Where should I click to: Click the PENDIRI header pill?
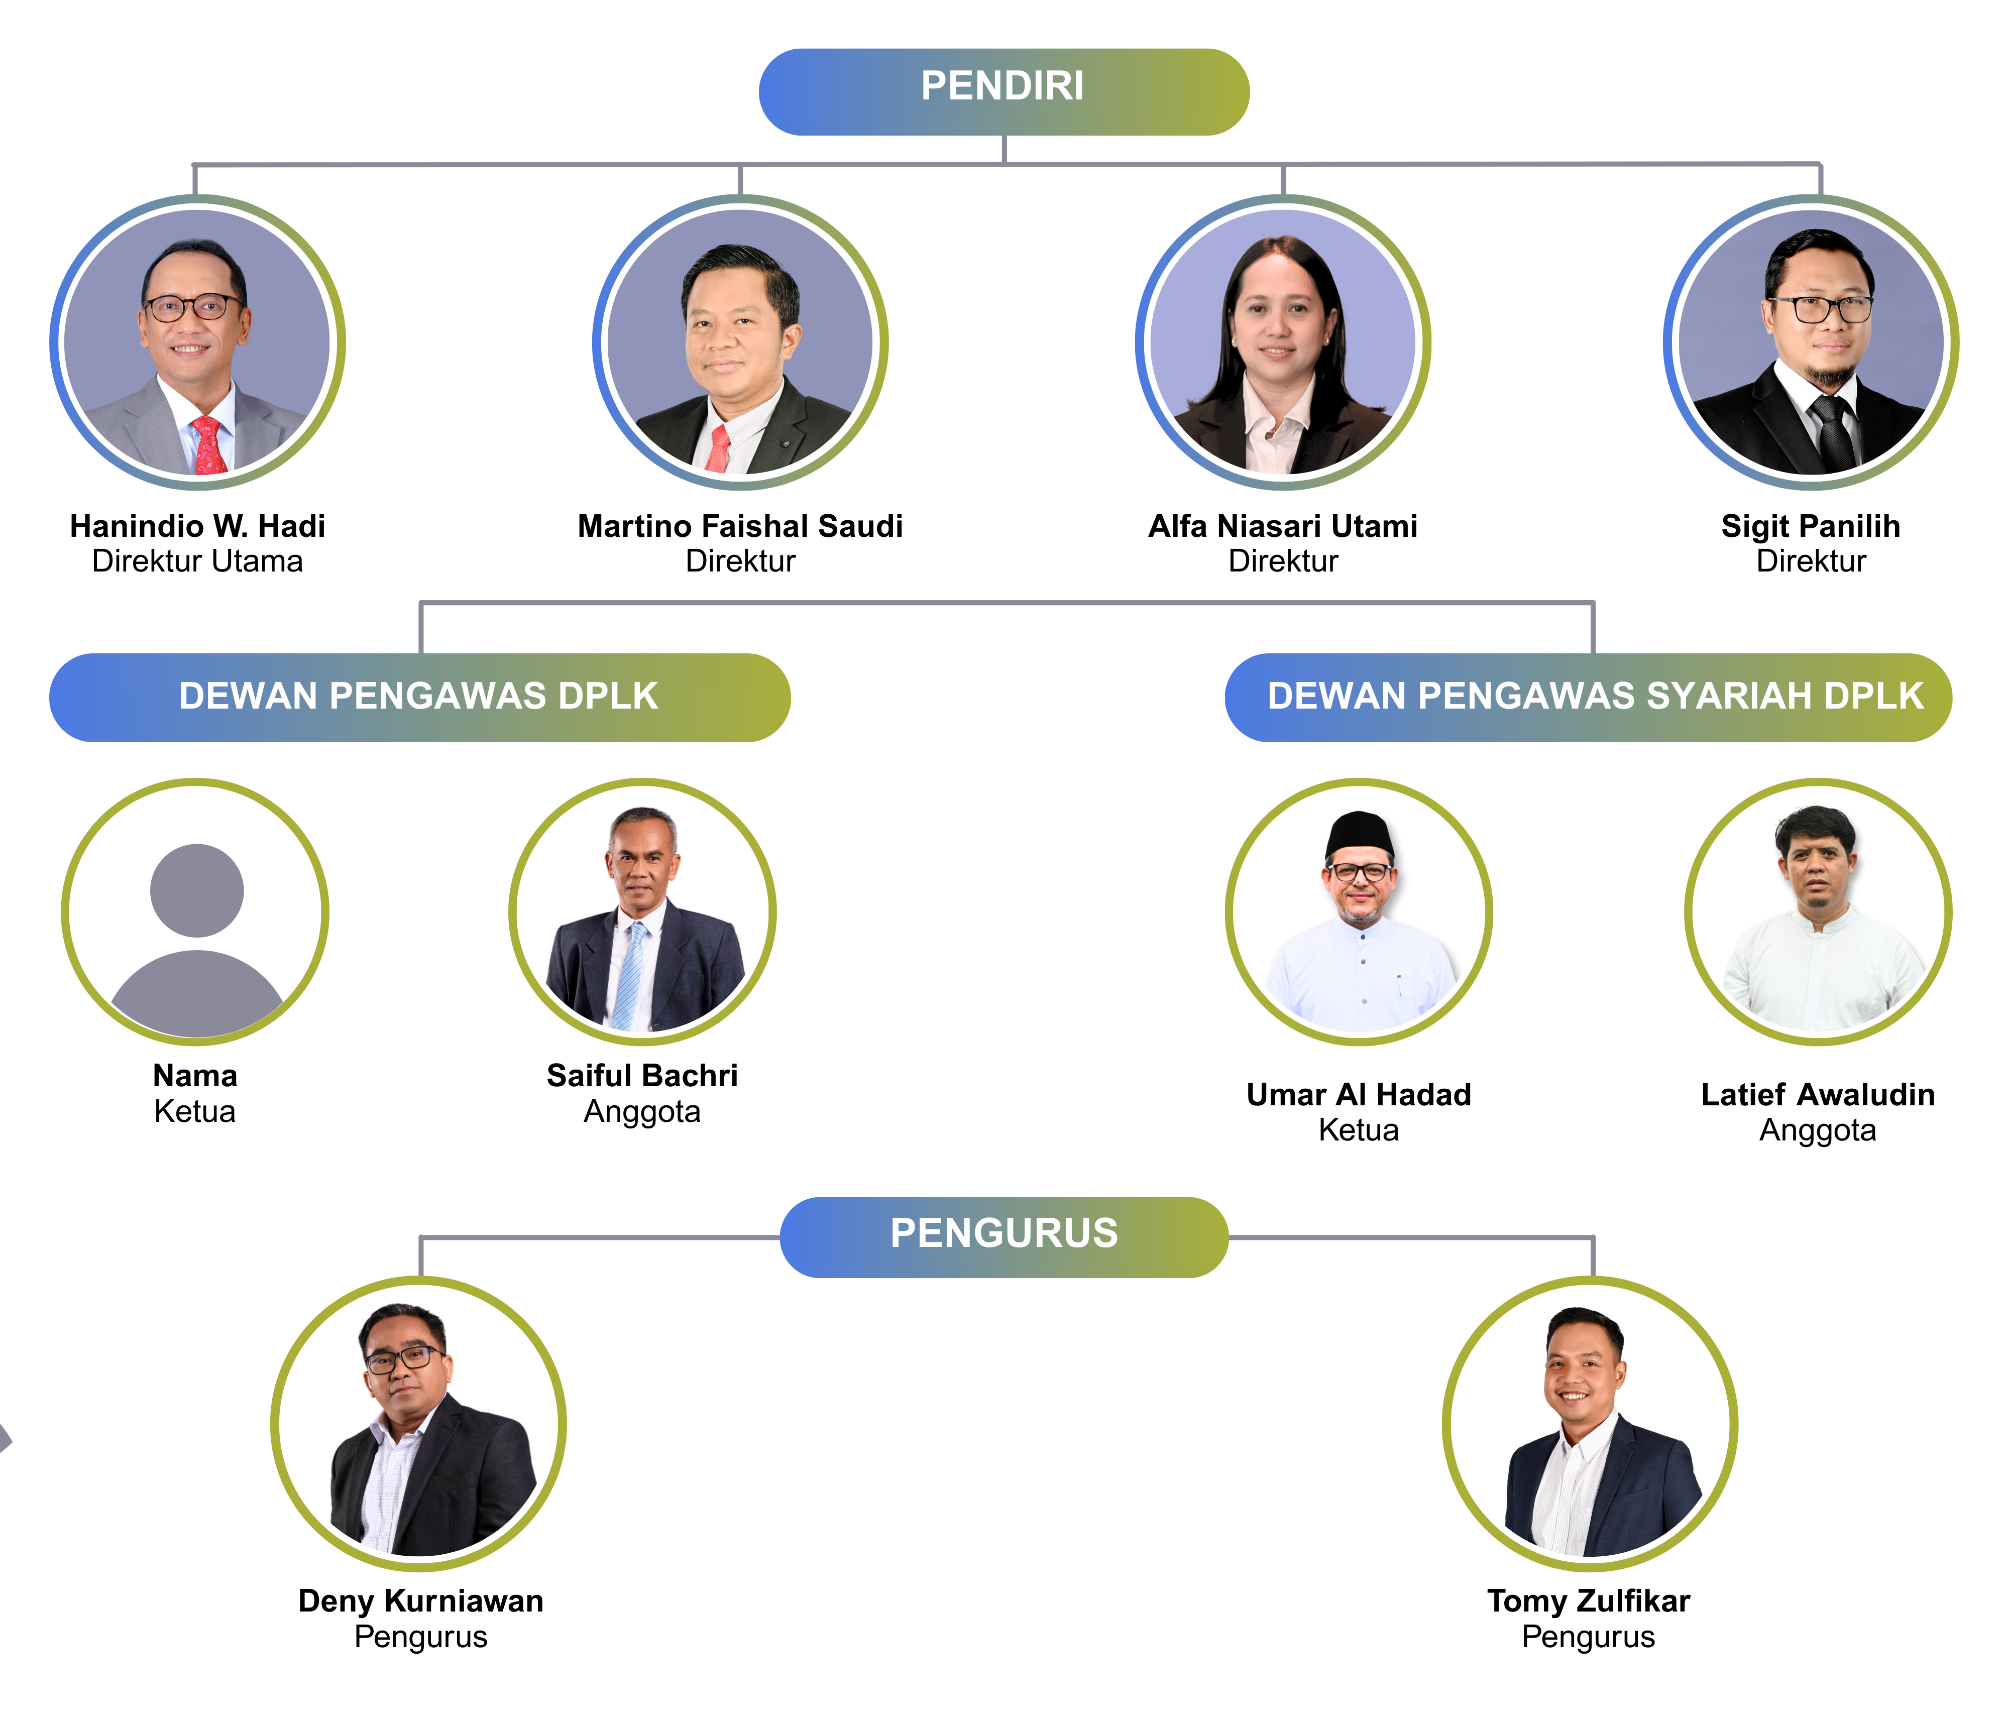pos(1003,92)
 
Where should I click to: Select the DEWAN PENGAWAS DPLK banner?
pos(420,697)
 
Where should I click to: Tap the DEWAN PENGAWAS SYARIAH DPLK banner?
pos(1588,697)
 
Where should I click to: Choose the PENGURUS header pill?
pos(1003,1237)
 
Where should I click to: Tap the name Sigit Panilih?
pos(1810,526)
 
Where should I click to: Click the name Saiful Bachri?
pos(642,1075)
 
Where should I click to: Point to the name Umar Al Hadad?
pos(1359,1095)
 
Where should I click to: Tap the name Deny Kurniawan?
pos(421,1601)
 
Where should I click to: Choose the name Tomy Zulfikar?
pos(1588,1601)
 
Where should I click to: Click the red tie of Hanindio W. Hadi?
pos(209,446)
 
